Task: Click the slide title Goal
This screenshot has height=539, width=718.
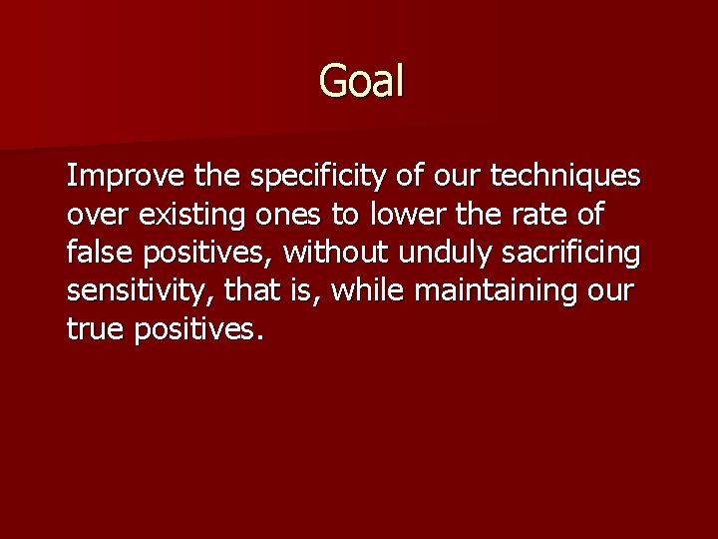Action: tap(361, 81)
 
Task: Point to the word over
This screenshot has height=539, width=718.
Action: tap(93, 215)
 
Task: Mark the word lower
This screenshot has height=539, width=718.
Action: tap(400, 215)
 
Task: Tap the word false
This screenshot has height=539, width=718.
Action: tap(97, 253)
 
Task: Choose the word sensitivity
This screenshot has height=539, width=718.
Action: tap(139, 290)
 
